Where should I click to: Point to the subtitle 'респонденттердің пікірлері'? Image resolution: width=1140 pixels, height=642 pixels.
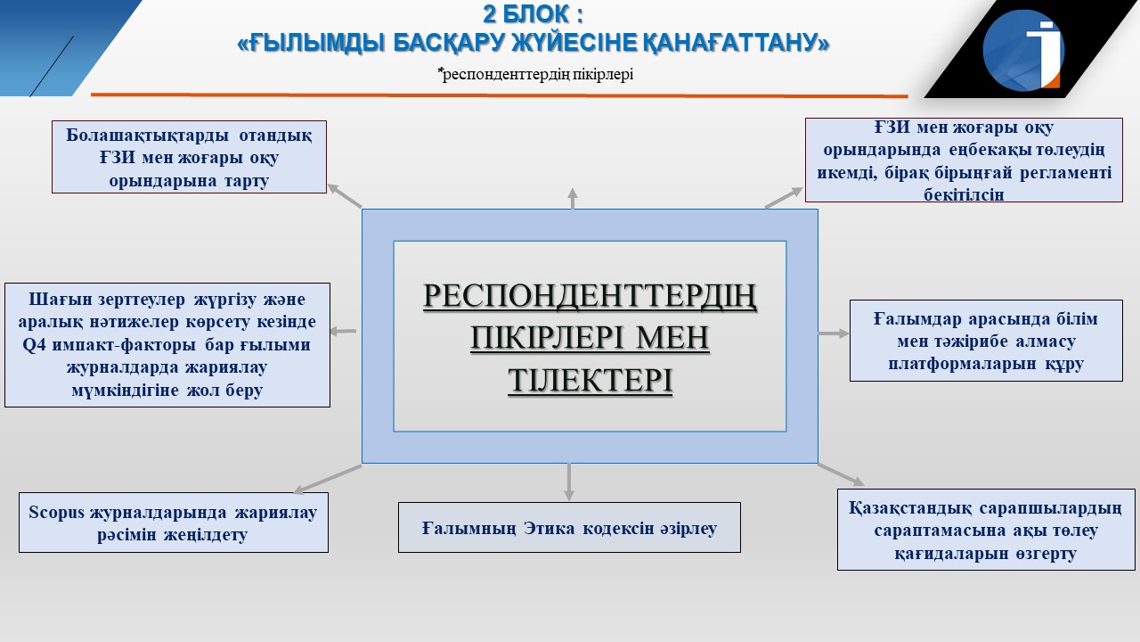[x=537, y=74]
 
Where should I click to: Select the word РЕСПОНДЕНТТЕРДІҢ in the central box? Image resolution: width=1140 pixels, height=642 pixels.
[x=590, y=296]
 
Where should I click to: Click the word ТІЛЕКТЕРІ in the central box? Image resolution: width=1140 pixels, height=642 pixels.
[x=590, y=380]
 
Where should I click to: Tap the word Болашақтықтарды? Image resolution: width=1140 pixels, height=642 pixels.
[x=147, y=136]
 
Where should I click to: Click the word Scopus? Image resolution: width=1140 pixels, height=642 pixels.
[x=56, y=512]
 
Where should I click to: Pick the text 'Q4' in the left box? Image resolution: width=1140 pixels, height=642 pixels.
[x=34, y=345]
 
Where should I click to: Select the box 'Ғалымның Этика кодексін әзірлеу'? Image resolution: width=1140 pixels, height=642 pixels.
[x=569, y=527]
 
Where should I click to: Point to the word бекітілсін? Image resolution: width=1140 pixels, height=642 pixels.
[x=964, y=194]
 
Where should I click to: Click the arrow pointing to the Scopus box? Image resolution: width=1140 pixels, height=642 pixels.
[x=327, y=479]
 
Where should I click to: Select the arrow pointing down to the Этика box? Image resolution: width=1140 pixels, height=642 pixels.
[x=569, y=482]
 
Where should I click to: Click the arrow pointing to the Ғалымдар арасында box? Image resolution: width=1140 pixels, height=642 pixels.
[x=834, y=333]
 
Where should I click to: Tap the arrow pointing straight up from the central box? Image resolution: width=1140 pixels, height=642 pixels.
[x=573, y=198]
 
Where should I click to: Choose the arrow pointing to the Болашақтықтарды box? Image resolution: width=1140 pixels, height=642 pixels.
[x=345, y=195]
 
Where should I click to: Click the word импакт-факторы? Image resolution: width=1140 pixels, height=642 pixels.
[x=124, y=345]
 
